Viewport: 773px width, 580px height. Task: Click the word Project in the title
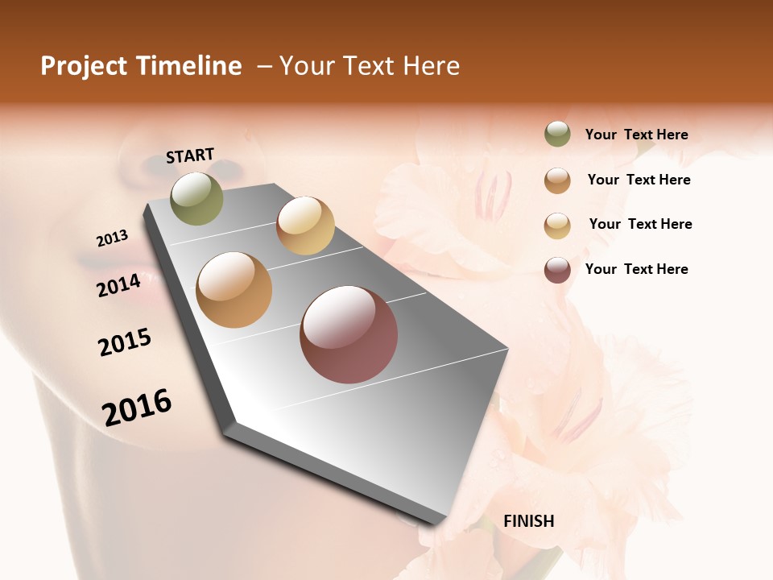(x=84, y=66)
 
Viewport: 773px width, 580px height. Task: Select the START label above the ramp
(x=190, y=155)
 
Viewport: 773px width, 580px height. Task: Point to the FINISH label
(x=529, y=521)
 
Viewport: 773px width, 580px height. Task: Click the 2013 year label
(x=113, y=238)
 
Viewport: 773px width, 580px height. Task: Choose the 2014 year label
(x=119, y=285)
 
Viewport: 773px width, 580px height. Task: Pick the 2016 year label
(x=137, y=408)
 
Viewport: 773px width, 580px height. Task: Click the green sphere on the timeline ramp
(x=197, y=198)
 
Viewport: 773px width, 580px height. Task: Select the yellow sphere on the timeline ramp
(x=305, y=226)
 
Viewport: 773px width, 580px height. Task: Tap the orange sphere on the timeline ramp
(x=234, y=290)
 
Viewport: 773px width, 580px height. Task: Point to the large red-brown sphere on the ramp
(x=349, y=335)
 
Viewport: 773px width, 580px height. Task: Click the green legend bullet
(x=557, y=135)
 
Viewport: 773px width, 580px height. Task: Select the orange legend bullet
(x=557, y=180)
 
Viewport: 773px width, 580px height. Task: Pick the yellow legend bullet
(x=557, y=226)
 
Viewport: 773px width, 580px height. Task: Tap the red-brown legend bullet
(x=557, y=270)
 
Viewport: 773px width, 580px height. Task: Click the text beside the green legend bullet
(x=637, y=135)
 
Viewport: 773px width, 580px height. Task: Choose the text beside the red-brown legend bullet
(x=637, y=269)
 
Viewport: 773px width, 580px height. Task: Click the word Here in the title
(x=431, y=66)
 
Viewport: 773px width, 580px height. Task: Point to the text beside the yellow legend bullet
(x=641, y=224)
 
